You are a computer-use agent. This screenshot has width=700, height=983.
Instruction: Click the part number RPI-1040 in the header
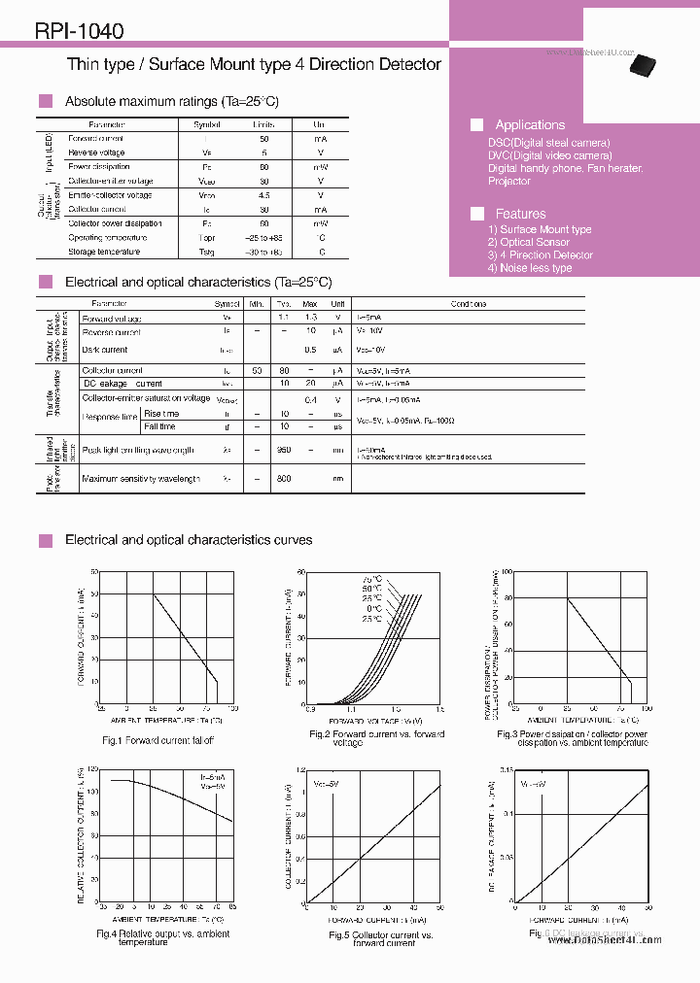point(79,31)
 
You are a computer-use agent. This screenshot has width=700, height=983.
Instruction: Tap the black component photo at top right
point(643,64)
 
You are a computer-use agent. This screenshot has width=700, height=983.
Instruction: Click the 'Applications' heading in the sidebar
point(529,124)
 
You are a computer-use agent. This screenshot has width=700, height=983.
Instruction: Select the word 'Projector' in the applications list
point(508,181)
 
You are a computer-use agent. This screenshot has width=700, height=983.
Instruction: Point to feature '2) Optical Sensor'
point(528,242)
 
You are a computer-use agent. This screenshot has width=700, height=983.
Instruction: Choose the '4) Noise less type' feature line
point(529,267)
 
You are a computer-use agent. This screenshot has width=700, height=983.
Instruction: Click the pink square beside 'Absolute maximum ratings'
point(44,101)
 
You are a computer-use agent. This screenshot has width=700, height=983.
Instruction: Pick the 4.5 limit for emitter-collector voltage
point(263,195)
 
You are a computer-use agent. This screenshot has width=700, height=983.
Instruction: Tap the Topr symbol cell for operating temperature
point(207,237)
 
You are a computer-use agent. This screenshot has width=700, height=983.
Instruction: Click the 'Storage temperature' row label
point(104,252)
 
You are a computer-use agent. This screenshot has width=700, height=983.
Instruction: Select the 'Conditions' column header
point(469,304)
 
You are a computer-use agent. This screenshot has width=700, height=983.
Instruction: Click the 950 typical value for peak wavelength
point(283,450)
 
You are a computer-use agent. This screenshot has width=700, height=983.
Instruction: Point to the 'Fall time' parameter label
point(160,426)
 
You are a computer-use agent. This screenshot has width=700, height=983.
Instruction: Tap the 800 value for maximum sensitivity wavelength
point(283,479)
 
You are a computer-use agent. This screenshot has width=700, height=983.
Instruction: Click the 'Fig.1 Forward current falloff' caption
point(157,740)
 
